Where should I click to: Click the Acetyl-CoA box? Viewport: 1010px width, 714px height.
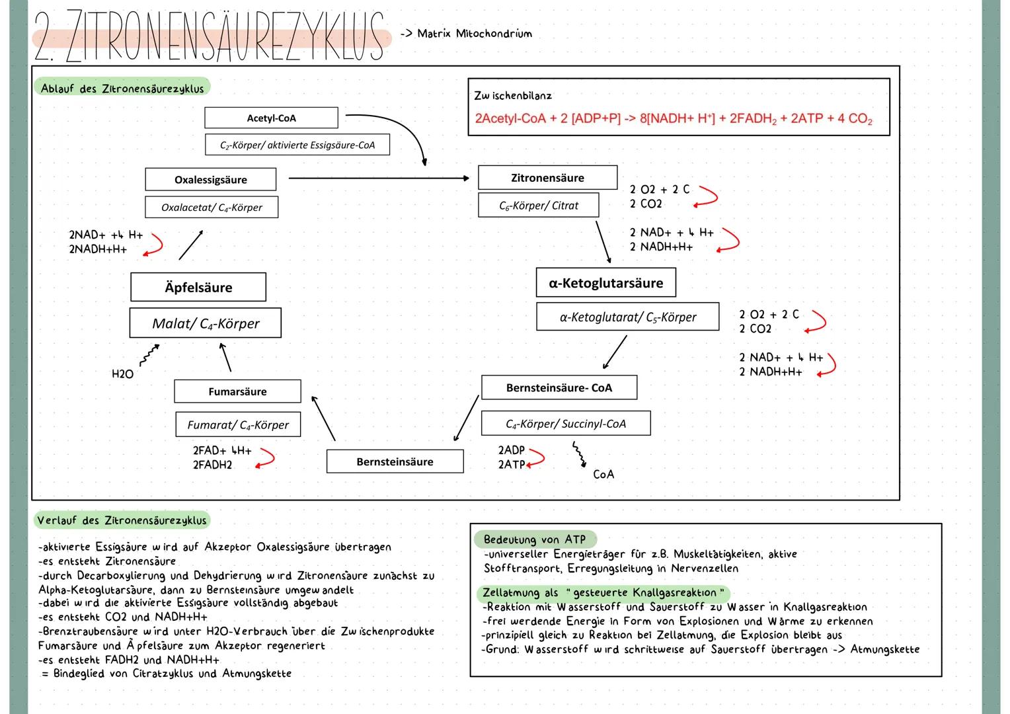click(271, 118)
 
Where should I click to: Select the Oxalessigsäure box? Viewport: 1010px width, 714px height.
click(210, 180)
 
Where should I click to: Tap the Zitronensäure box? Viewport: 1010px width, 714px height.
click(547, 178)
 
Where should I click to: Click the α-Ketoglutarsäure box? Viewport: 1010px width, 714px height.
click(605, 283)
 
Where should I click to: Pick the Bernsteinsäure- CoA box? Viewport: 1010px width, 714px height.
click(559, 388)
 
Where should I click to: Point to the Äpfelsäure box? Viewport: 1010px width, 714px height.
click(198, 288)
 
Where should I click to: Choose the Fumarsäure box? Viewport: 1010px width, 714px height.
click(237, 391)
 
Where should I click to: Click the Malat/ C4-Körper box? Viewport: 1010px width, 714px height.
click(206, 323)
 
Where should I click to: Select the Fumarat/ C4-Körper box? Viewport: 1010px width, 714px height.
click(238, 425)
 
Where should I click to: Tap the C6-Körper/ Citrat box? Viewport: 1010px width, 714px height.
click(538, 206)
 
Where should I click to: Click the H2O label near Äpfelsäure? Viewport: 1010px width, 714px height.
click(122, 374)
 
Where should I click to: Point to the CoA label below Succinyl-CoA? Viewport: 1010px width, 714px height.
click(603, 475)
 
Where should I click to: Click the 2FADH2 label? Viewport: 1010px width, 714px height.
click(212, 465)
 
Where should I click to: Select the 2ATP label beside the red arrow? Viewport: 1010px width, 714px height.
click(511, 465)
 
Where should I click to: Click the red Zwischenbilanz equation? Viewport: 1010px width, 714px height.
click(673, 119)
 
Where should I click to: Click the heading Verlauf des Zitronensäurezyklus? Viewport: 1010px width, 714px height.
click(122, 520)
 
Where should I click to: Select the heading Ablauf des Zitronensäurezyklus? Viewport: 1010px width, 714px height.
click(122, 89)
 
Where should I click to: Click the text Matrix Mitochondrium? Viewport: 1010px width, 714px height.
click(474, 34)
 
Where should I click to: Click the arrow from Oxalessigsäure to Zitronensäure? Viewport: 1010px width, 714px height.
click(378, 178)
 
